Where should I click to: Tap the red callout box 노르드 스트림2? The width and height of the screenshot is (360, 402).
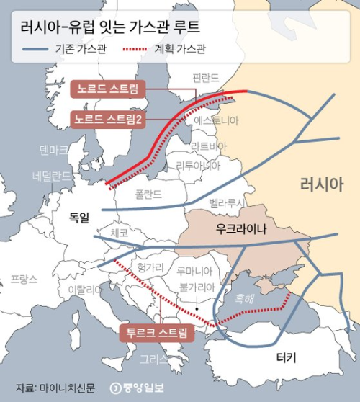(x=109, y=118)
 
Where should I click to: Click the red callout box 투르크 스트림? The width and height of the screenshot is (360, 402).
(x=156, y=333)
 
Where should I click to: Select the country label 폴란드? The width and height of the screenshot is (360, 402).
(x=148, y=195)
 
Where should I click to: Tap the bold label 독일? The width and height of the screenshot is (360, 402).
(x=78, y=217)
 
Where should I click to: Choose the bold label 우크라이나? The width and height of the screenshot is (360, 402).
(x=241, y=230)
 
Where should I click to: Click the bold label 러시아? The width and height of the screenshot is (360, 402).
(x=321, y=185)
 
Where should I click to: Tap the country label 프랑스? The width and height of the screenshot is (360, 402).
(x=24, y=280)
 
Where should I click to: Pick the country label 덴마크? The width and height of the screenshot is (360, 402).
(x=54, y=150)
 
